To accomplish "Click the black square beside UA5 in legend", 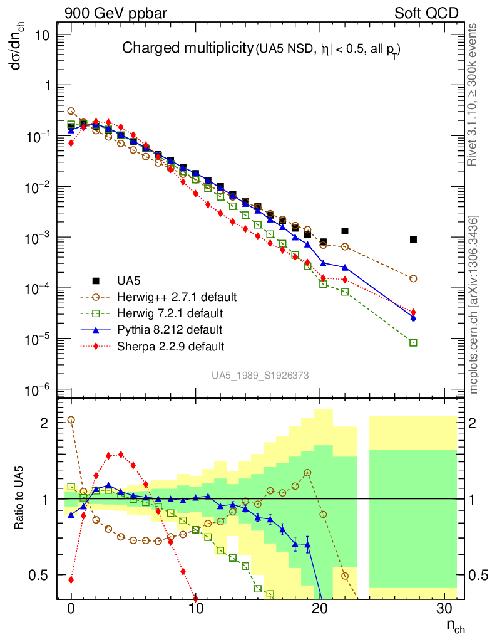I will [x=96, y=280].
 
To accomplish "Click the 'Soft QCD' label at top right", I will [x=426, y=13].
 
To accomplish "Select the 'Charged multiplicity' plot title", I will [x=187, y=48].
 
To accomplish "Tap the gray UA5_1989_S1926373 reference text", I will [x=260, y=375].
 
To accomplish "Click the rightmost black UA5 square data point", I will [x=413, y=239].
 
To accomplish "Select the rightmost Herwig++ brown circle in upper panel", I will [x=413, y=278].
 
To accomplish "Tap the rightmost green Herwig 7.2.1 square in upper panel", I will [x=413, y=343].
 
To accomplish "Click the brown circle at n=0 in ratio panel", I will [x=71, y=419].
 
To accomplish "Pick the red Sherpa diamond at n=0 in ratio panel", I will [x=71, y=580].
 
